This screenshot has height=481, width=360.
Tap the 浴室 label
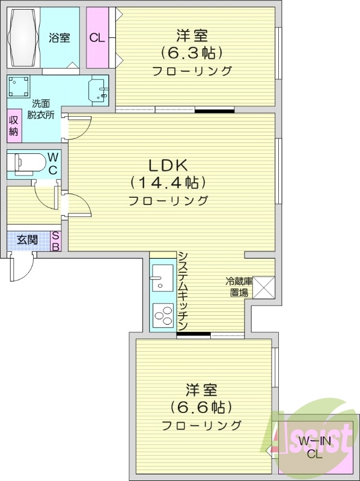pos(59,38)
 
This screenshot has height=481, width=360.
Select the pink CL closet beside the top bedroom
pos(96,38)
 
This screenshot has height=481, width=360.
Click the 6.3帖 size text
pos(192,53)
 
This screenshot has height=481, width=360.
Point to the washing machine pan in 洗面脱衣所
pos(20,87)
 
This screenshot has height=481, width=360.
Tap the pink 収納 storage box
pos(14,126)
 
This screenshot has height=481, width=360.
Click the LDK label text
pos(168,164)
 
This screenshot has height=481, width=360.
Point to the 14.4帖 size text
pos(168,182)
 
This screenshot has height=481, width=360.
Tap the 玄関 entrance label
pos(27,239)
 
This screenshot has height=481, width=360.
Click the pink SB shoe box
pos(55,240)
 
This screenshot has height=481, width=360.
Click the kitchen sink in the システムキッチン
pos(161,278)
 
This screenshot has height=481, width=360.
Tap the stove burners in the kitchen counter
pos(162,314)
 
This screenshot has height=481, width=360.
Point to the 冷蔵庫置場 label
pos(237,287)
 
